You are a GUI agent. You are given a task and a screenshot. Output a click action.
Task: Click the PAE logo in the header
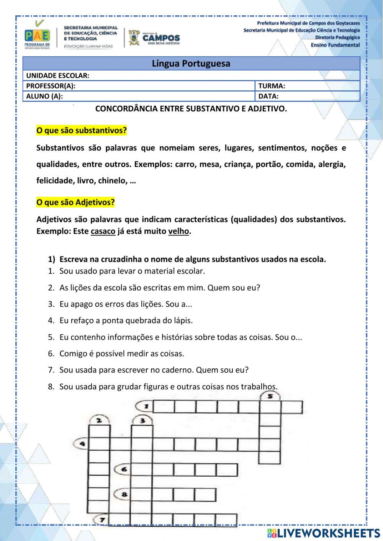pos(37,36)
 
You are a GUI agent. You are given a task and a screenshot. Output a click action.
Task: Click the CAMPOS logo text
pos(161,38)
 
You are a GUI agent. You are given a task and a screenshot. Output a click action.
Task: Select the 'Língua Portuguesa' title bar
pos(191,64)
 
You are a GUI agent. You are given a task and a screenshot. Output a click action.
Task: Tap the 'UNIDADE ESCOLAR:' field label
pos(57,76)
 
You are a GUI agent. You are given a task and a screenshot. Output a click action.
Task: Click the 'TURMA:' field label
pos(272,86)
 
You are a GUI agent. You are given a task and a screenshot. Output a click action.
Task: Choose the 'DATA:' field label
pos(268,96)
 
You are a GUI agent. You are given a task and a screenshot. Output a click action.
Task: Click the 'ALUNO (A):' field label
pos(44,96)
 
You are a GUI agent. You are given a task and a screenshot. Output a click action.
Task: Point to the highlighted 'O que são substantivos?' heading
pos(81,131)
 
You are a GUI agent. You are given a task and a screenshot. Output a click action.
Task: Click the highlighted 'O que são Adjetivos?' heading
pos(75,202)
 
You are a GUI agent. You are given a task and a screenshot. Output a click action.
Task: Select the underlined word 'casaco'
pos(103,231)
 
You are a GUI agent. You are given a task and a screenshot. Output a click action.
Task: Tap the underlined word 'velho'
pos(178,231)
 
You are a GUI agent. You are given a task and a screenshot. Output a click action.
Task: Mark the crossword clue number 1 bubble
pos(145,406)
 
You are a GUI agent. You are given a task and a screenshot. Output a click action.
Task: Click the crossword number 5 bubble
pos(270,396)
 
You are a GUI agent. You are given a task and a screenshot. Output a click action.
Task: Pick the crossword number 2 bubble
pos(99,420)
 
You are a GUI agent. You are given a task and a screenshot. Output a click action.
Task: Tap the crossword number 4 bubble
pos(81,444)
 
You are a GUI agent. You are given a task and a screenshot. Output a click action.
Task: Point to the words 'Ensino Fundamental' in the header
pos(335,45)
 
